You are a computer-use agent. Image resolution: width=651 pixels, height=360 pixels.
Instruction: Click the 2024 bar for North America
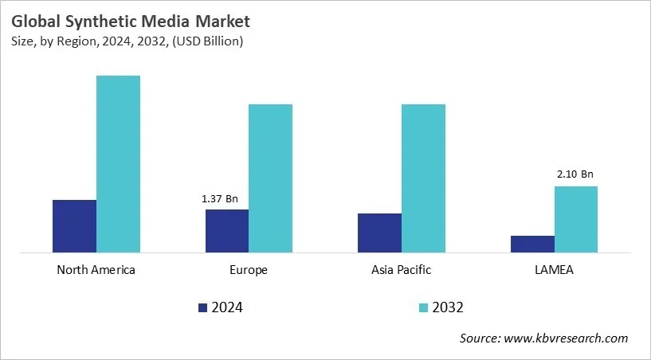(x=74, y=226)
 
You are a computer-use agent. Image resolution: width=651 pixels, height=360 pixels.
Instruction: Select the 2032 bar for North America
(x=118, y=164)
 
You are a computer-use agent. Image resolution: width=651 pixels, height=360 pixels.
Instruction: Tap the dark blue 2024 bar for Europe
(x=227, y=231)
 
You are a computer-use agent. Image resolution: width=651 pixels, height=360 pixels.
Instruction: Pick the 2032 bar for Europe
(x=271, y=178)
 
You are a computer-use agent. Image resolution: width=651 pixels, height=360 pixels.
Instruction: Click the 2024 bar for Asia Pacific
(x=379, y=233)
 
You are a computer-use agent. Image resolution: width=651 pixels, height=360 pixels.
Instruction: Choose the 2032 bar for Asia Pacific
(x=423, y=178)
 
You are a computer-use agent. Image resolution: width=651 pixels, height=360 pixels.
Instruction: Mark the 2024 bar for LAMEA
(x=532, y=244)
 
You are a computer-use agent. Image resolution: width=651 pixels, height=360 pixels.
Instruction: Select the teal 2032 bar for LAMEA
(x=575, y=219)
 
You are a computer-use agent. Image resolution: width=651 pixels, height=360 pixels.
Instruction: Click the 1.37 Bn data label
(x=219, y=198)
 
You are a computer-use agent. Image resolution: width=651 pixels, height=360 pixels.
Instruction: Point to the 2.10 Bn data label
(x=575, y=174)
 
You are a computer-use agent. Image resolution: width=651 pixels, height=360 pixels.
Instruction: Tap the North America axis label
(x=96, y=270)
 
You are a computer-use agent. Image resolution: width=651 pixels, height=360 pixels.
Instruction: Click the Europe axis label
(x=249, y=270)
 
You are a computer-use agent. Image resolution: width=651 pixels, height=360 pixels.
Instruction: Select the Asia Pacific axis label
(x=402, y=270)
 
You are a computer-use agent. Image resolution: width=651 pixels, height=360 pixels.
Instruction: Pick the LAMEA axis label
(x=554, y=270)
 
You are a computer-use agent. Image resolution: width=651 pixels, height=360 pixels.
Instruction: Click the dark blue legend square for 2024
(x=202, y=307)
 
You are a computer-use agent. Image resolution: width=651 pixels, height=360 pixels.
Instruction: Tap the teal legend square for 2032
(x=422, y=307)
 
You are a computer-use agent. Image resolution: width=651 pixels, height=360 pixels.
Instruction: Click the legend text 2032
(x=449, y=307)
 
